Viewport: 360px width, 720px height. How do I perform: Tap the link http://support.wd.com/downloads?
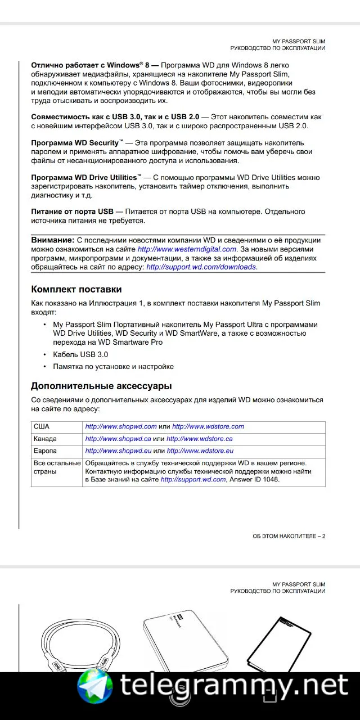point(201,267)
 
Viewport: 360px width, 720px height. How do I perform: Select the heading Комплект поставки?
point(76,290)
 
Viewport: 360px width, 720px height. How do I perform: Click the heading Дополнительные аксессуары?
point(101,386)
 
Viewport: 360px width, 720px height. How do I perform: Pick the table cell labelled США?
point(42,427)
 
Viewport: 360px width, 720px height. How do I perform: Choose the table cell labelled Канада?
point(45,439)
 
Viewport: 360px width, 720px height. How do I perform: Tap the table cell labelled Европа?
point(45,451)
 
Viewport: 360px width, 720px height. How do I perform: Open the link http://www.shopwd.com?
point(120,427)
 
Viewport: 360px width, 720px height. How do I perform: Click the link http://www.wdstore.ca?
point(200,439)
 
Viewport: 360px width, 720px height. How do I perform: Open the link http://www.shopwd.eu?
point(118,451)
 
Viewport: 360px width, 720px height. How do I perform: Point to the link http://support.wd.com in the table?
point(193,480)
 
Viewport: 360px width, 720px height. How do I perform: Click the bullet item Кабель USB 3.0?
point(80,355)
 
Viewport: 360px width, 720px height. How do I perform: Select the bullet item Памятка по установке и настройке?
point(113,367)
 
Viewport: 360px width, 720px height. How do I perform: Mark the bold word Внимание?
point(52,240)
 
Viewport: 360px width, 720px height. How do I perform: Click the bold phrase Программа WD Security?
point(75,143)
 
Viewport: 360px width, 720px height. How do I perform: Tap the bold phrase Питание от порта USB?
point(72,211)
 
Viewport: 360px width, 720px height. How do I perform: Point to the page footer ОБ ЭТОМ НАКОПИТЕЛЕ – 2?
point(289,536)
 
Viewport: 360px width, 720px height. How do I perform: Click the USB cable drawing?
point(73,641)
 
